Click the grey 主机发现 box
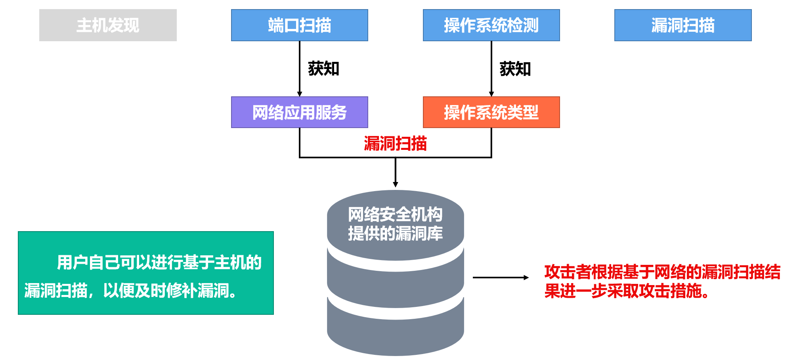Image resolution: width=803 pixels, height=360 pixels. click(108, 25)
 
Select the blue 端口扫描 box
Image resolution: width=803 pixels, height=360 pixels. click(299, 25)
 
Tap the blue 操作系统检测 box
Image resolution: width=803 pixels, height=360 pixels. click(491, 25)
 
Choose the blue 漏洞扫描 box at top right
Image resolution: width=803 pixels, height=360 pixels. click(683, 25)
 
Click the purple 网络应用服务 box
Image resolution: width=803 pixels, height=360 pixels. click(299, 112)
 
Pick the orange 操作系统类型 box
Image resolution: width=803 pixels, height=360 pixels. click(491, 112)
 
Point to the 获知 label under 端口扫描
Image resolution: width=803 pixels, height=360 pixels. click(323, 69)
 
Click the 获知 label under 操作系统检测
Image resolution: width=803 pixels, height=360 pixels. click(515, 69)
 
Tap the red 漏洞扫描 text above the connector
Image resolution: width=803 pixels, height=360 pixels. click(395, 143)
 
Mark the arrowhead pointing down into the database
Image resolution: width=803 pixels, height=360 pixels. click(395, 184)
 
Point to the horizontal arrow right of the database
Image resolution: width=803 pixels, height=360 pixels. click(501, 278)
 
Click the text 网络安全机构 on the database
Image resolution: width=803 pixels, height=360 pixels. click(395, 214)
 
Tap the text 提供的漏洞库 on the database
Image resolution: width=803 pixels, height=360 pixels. click(395, 233)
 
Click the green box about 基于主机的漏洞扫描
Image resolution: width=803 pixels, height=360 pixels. click(146, 273)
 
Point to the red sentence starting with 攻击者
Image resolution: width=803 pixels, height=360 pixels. click(662, 281)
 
